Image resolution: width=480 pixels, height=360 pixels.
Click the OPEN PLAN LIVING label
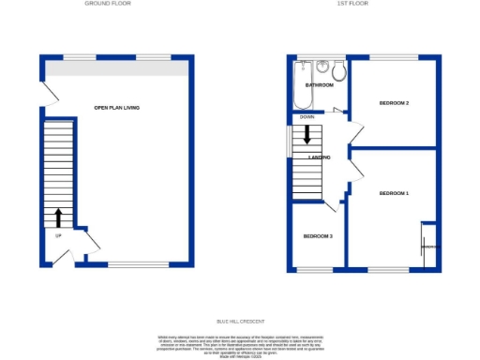[116, 109]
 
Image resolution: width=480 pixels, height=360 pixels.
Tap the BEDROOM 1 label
[394, 193]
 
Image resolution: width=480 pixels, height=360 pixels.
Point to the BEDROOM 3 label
[318, 235]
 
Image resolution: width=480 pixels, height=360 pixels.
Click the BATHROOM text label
[307, 85]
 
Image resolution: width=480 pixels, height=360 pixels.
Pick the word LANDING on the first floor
[319, 157]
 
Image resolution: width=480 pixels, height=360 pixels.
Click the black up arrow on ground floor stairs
[58, 218]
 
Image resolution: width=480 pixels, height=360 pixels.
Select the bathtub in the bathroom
[302, 85]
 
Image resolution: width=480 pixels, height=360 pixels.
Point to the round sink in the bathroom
[322, 67]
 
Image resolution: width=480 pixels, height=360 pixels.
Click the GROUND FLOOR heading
[107, 4]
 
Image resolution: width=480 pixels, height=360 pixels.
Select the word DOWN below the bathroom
[307, 117]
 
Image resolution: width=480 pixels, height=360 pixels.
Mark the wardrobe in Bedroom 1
[428, 246]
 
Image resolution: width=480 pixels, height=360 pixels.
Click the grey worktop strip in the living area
[116, 70]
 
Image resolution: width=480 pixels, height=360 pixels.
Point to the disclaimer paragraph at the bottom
[240, 346]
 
